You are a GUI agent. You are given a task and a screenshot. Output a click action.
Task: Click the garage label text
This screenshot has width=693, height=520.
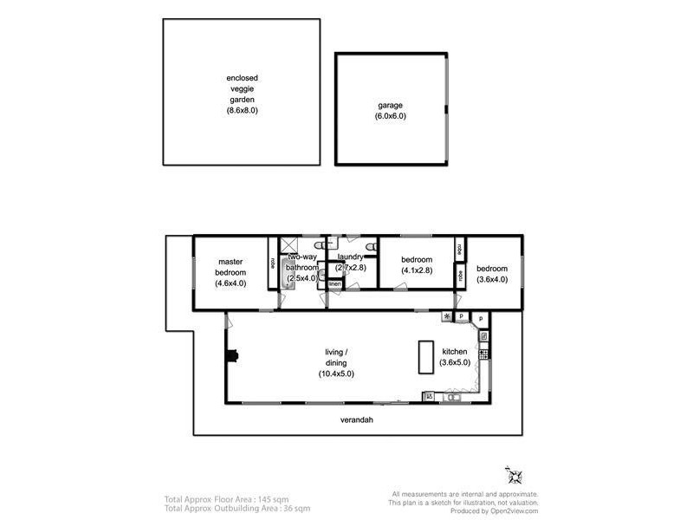point(390,105)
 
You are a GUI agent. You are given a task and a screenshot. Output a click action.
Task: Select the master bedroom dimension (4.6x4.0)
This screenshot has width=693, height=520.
point(230,283)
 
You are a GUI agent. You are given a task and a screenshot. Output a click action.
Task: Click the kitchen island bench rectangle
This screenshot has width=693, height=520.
point(425,356)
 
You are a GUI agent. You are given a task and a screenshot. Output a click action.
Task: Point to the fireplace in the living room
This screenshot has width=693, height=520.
point(231,354)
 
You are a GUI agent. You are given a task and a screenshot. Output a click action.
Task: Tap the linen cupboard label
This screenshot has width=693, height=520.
point(334,283)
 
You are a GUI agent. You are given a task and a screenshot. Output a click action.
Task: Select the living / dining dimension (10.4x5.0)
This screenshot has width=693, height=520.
point(335,373)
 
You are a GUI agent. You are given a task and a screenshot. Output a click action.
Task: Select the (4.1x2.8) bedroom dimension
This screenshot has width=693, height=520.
point(417,270)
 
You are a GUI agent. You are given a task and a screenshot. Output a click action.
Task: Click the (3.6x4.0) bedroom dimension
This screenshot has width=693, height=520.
point(491,279)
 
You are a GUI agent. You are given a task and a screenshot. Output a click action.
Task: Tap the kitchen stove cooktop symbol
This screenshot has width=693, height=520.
point(483,354)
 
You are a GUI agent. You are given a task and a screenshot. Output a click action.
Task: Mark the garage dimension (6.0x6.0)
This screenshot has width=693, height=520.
point(390,116)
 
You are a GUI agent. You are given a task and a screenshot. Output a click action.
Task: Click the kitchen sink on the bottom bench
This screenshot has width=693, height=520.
point(428,397)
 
